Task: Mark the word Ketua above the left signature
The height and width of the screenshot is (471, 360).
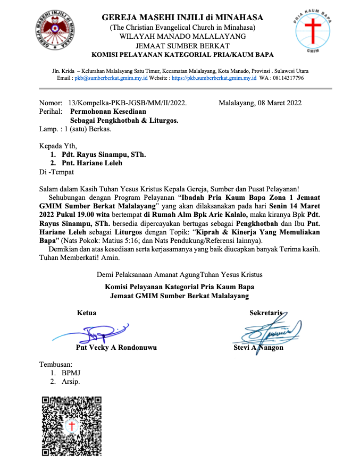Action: pos(87,313)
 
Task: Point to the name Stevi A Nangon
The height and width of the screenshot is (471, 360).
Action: pos(258,348)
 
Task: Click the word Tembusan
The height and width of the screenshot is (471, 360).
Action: pos(55,364)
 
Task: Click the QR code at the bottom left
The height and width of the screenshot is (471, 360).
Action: pos(71,426)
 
